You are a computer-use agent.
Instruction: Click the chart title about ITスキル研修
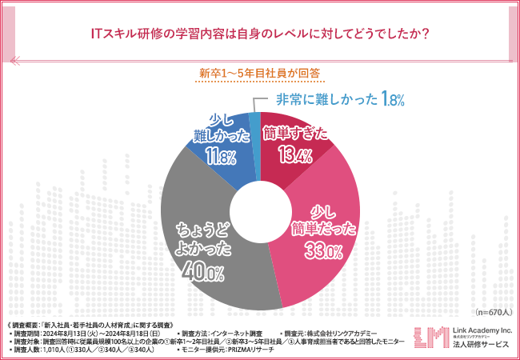tap(259, 34)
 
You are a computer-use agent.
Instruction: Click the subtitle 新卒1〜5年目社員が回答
tap(259, 73)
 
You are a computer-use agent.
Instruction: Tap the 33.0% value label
tap(323, 252)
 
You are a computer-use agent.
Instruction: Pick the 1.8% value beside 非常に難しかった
tap(394, 99)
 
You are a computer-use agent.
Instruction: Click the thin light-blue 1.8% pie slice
tap(254, 122)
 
